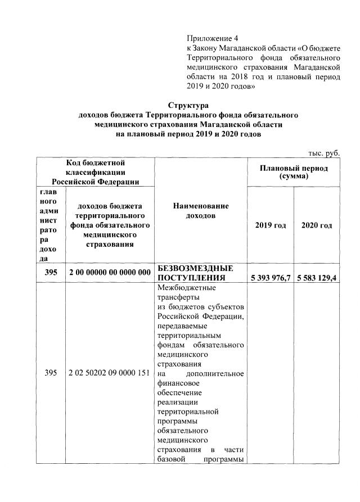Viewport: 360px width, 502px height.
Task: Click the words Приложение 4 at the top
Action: point(212,38)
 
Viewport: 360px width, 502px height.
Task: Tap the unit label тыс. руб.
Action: point(325,153)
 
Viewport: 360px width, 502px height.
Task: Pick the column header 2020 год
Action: point(317,225)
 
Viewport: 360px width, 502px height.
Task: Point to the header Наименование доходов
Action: point(200,211)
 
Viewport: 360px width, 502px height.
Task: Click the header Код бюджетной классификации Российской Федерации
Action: point(95,171)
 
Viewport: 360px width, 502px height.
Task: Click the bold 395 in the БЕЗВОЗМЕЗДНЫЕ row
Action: point(51,273)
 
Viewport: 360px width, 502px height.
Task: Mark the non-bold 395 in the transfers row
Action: point(51,373)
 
